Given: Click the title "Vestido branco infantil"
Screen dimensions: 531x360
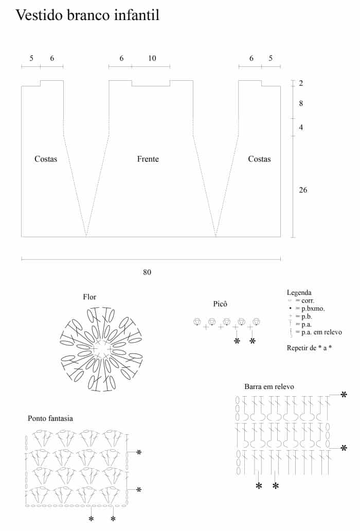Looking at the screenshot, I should point(87,15).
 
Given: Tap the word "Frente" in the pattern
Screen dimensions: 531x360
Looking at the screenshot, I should point(148,159).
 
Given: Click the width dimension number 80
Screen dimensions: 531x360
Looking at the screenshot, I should point(148,272).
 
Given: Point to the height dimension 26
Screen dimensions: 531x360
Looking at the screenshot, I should point(303,190).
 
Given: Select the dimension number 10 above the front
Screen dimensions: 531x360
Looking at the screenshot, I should point(152,59).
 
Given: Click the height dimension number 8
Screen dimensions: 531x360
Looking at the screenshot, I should point(301,103).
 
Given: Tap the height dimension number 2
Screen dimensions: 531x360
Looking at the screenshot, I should point(301,83).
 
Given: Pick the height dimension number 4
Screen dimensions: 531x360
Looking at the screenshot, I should point(301,127).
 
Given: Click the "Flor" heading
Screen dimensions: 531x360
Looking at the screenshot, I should point(89,297).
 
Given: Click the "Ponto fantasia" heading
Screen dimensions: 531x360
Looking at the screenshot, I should point(50,418).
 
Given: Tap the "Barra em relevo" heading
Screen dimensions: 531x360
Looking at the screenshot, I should point(269,386).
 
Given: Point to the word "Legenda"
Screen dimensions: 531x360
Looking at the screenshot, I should point(299,292).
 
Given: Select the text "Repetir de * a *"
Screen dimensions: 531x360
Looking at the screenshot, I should point(309,348).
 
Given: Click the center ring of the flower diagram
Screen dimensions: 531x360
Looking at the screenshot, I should point(102,349).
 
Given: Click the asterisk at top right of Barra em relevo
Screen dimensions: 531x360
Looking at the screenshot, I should point(344,395).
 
